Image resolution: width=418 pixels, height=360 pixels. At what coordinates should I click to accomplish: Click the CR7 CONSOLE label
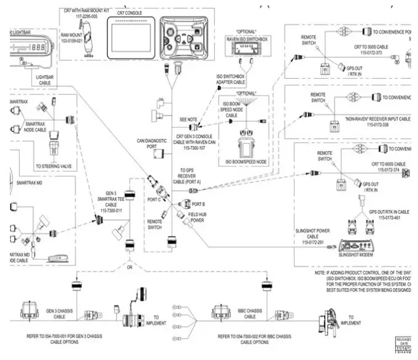[128, 12]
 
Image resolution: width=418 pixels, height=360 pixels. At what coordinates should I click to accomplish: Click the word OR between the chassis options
[128, 267]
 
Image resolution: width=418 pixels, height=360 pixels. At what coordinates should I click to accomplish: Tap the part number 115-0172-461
[389, 217]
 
